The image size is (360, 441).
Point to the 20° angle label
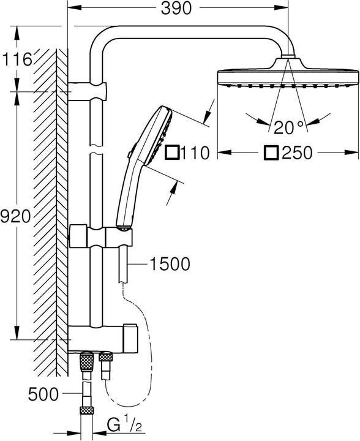pos(288,127)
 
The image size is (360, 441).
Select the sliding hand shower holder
pos(101,236)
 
